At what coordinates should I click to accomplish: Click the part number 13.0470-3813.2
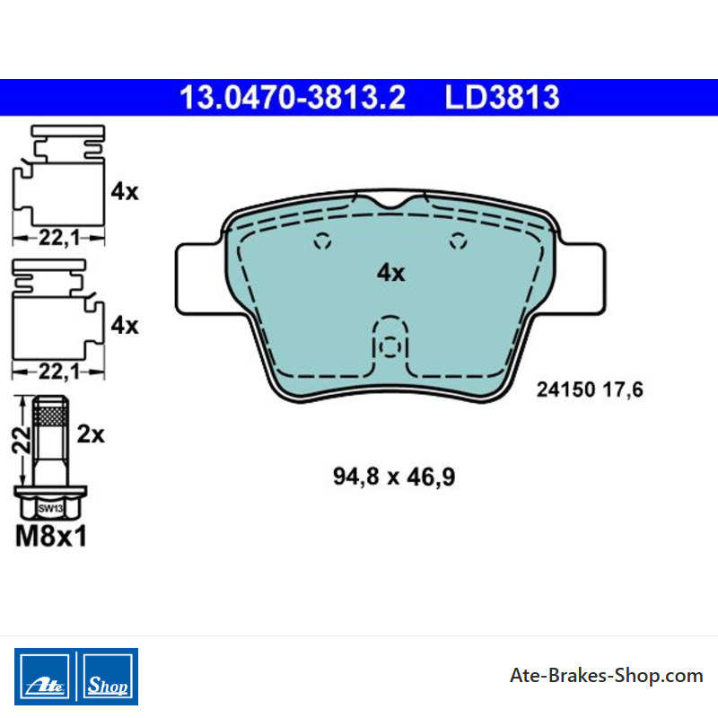293,98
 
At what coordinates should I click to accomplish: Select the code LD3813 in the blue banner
502,98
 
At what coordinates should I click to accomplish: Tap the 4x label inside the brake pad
390,273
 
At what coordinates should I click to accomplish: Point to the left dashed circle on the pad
322,241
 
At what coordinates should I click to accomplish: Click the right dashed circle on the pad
458,241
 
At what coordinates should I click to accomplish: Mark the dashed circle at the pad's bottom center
390,346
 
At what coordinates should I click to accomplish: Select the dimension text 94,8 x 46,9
394,477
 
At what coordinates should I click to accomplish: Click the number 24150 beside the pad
565,390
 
